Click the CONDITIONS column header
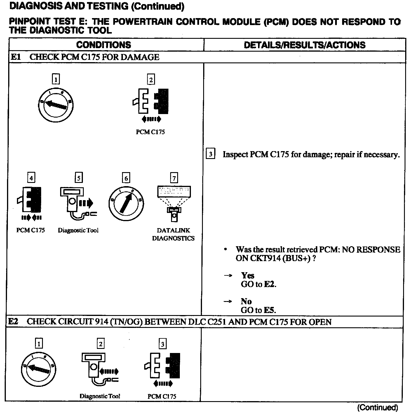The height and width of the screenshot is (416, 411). click(104, 45)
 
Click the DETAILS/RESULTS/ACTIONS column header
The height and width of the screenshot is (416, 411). click(304, 45)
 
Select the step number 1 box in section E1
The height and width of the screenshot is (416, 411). click(55, 79)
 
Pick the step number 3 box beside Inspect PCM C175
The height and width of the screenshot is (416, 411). click(210, 154)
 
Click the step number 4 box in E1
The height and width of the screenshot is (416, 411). click(31, 177)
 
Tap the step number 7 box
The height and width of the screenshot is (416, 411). click(174, 178)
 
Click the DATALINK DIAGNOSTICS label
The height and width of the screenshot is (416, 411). click(173, 234)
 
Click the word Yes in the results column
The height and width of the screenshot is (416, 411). click(248, 275)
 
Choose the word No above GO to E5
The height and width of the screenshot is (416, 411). click(246, 301)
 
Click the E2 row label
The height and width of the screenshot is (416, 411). click(13, 322)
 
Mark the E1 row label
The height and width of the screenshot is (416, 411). click(16, 57)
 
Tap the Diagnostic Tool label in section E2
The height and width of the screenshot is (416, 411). click(100, 396)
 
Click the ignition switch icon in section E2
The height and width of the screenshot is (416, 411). click(39, 369)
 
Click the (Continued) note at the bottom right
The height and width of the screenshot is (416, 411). click(377, 407)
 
